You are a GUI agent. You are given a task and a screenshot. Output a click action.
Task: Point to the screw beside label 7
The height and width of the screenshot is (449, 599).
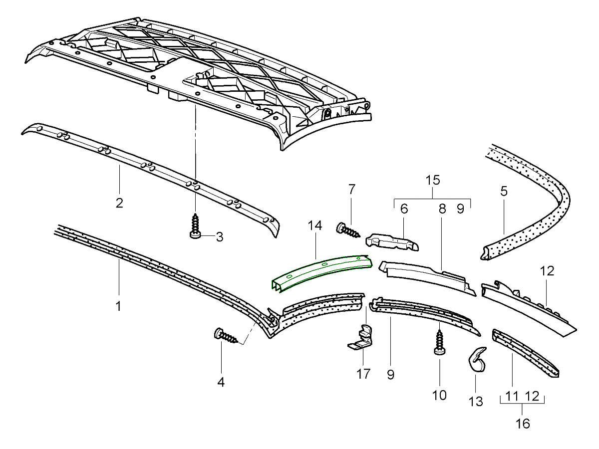tap(348, 230)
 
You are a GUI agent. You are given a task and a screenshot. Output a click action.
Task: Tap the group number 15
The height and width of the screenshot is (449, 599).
tap(432, 180)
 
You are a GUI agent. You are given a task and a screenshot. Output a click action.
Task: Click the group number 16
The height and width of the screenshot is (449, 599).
tap(522, 424)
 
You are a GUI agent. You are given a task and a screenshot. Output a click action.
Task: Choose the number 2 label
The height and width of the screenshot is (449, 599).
tap(119, 203)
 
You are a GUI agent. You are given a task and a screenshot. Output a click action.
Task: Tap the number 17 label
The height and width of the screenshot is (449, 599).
tap(363, 373)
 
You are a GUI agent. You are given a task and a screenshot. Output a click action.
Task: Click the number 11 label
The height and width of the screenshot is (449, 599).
tap(512, 397)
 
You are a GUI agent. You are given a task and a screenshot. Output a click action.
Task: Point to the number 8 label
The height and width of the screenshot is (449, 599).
tap(442, 209)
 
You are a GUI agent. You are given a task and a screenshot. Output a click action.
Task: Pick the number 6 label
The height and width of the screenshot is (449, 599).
tap(404, 209)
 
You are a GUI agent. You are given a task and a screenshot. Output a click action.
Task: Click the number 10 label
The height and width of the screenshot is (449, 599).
tap(439, 395)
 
